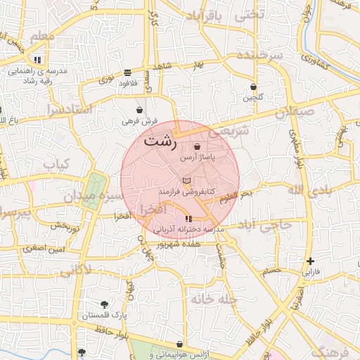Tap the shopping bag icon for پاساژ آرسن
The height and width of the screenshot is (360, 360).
pyautogui.click(x=197, y=147)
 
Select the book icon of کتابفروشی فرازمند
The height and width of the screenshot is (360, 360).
pyautogui.click(x=186, y=181)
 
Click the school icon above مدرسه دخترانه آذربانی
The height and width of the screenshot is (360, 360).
pyautogui.click(x=188, y=219)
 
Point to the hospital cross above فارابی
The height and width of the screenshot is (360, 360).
pyautogui.click(x=311, y=261)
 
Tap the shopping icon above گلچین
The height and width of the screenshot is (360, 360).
pyautogui.click(x=254, y=87)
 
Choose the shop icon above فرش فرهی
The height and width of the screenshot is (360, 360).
pyautogui.click(x=139, y=110)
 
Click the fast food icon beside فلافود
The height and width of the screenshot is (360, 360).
pyautogui.click(x=127, y=72)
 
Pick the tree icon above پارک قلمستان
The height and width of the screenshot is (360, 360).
pyautogui.click(x=105, y=304)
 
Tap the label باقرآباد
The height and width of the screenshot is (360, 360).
pyautogui.click(x=207, y=15)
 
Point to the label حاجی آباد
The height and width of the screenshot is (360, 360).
pyautogui.click(x=264, y=226)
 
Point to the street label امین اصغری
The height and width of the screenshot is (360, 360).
pyautogui.click(x=42, y=247)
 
